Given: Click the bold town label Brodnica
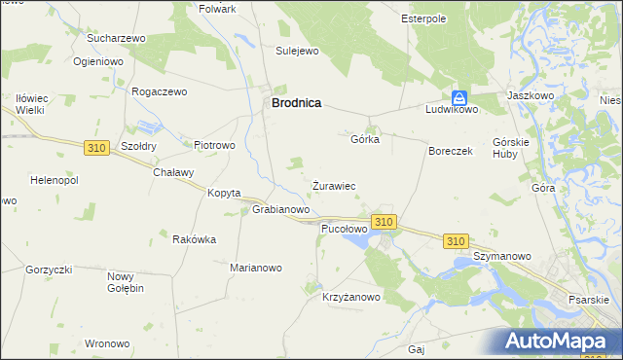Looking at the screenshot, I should point(296,101).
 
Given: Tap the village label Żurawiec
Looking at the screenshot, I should point(333,185).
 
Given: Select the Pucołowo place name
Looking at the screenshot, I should point(344,229).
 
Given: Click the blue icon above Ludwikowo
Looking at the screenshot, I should point(459,97).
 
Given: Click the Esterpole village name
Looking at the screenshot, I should point(423,18).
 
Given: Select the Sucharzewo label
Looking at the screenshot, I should point(116,38).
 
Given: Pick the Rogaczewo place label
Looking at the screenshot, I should point(159,91).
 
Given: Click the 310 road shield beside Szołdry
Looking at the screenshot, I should point(95,147).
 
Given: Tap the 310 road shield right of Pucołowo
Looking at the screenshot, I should point(384,222).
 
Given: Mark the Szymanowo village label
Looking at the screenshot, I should point(501,256).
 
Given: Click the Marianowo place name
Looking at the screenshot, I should point(255,268).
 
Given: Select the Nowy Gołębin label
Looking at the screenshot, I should point(126,282).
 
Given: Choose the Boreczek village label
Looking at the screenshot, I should point(451,152).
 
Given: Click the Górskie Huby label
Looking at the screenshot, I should point(510,147).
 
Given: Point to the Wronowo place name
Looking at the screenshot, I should point(107,343).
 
